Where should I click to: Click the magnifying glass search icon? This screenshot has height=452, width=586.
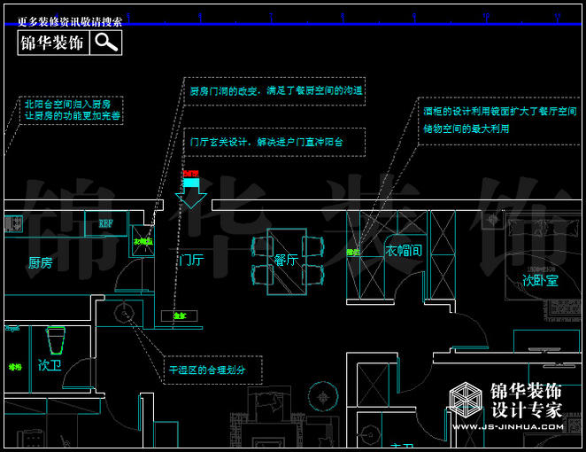[106, 43]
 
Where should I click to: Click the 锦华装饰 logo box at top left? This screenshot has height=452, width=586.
[52, 43]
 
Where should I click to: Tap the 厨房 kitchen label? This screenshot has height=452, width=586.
[40, 263]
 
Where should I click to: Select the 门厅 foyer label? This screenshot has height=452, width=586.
[190, 261]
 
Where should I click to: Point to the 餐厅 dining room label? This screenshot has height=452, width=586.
[286, 261]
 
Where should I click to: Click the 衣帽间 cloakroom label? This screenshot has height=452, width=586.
[404, 251]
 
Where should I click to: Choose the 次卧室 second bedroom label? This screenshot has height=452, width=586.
[539, 281]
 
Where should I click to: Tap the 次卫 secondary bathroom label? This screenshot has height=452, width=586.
[50, 365]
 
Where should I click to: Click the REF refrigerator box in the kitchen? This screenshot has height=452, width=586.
[106, 223]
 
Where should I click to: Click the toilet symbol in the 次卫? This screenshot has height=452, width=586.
[56, 340]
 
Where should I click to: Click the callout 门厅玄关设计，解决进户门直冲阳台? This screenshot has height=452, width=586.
[266, 142]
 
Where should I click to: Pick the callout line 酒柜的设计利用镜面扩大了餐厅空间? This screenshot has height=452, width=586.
[499, 113]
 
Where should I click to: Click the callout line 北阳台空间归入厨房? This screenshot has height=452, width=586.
[67, 104]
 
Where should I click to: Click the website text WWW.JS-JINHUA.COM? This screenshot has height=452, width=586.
[508, 427]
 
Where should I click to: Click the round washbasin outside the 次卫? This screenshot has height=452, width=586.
[122, 309]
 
